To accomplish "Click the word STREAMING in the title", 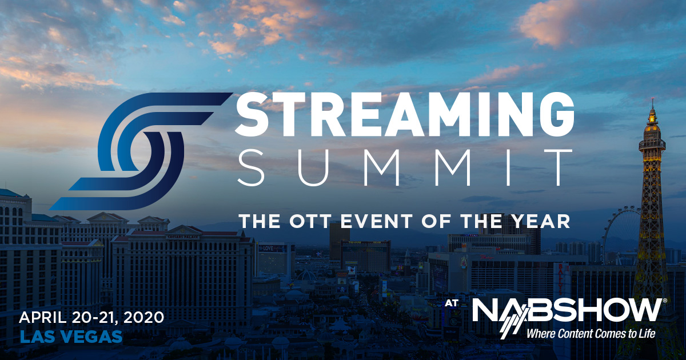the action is pos(404,114).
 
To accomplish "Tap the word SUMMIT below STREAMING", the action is pos(405,167).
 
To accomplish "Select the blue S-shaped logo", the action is pos(140,151).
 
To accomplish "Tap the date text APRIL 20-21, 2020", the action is pos(91,318).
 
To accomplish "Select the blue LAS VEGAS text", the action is pos(71,337).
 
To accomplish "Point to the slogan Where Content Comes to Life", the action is pos(591,333).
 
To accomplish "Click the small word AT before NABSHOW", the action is pos(452,303).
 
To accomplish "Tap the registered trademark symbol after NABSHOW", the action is pos(664,301).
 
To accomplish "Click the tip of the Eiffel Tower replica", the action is pos(653,98).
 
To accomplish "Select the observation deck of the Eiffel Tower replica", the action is pos(652,144).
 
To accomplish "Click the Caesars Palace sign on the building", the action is pos(182,237).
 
